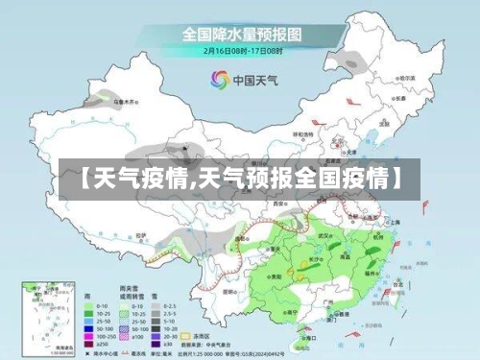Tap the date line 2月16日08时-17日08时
click(243, 49)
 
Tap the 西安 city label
click(279, 204)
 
